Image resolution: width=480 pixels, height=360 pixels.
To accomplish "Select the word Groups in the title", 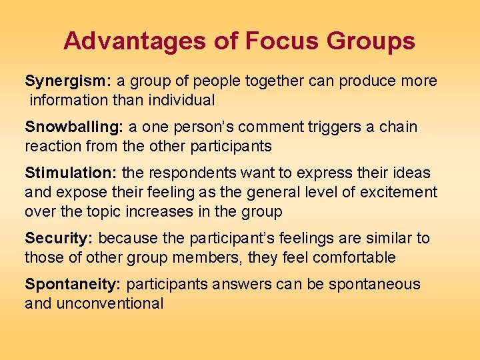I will click(x=371, y=41).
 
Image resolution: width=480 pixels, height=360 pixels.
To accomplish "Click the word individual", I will click(x=183, y=101).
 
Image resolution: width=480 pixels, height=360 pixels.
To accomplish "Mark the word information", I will click(x=69, y=101).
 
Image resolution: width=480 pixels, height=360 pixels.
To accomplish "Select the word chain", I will click(x=398, y=127).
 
